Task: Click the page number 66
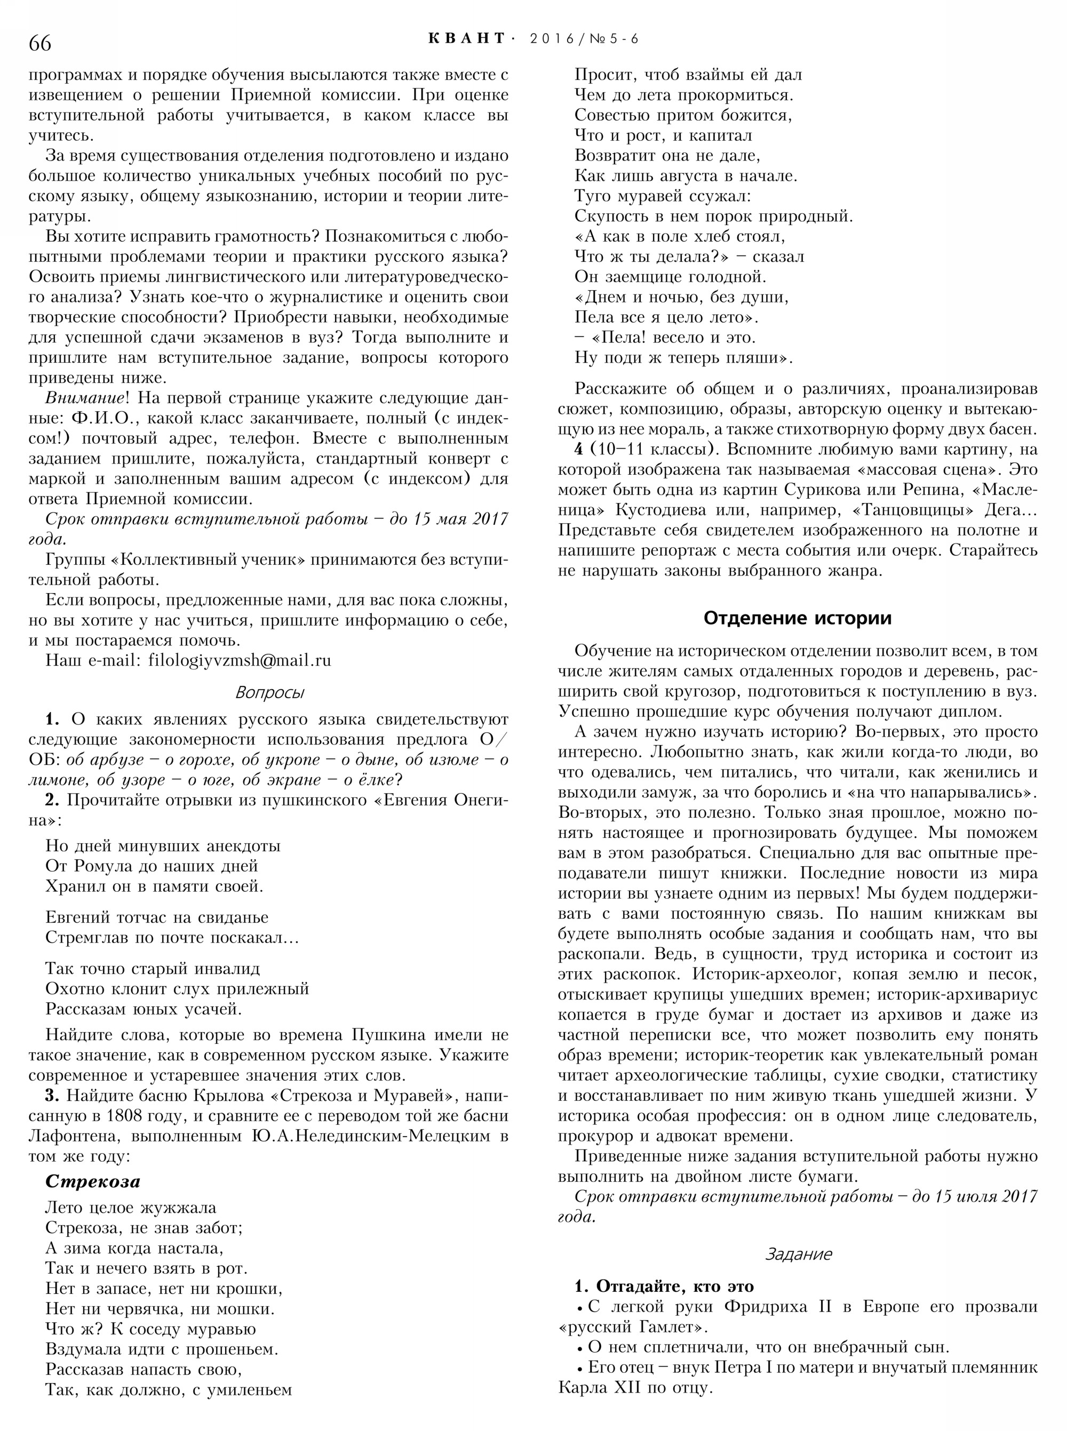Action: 40,43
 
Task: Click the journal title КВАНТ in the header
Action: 467,39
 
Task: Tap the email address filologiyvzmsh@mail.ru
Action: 240,661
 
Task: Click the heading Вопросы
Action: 269,693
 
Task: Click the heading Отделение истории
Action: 797,618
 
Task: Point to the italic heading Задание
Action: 798,1254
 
